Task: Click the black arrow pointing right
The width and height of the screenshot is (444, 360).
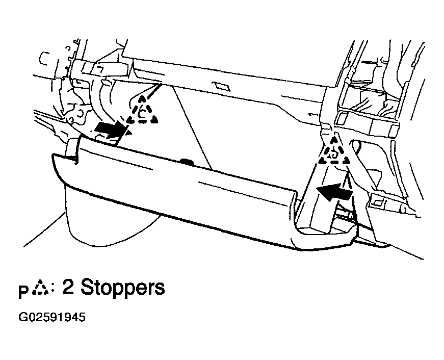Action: [110, 130]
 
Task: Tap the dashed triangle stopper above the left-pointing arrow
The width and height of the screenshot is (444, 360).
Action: [334, 151]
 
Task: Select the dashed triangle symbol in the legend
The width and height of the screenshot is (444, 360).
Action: [41, 288]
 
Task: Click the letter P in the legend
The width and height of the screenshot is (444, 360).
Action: [24, 292]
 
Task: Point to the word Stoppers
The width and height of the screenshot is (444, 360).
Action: [122, 288]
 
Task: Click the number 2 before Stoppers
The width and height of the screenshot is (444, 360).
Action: [68, 287]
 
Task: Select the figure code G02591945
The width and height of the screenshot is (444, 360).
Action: [52, 317]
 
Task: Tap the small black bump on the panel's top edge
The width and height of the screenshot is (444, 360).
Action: [187, 162]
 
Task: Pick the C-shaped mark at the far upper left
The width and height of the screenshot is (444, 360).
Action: [43, 58]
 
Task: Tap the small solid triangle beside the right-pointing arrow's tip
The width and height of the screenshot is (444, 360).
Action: [129, 132]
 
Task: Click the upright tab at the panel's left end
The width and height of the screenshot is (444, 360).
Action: [73, 149]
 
